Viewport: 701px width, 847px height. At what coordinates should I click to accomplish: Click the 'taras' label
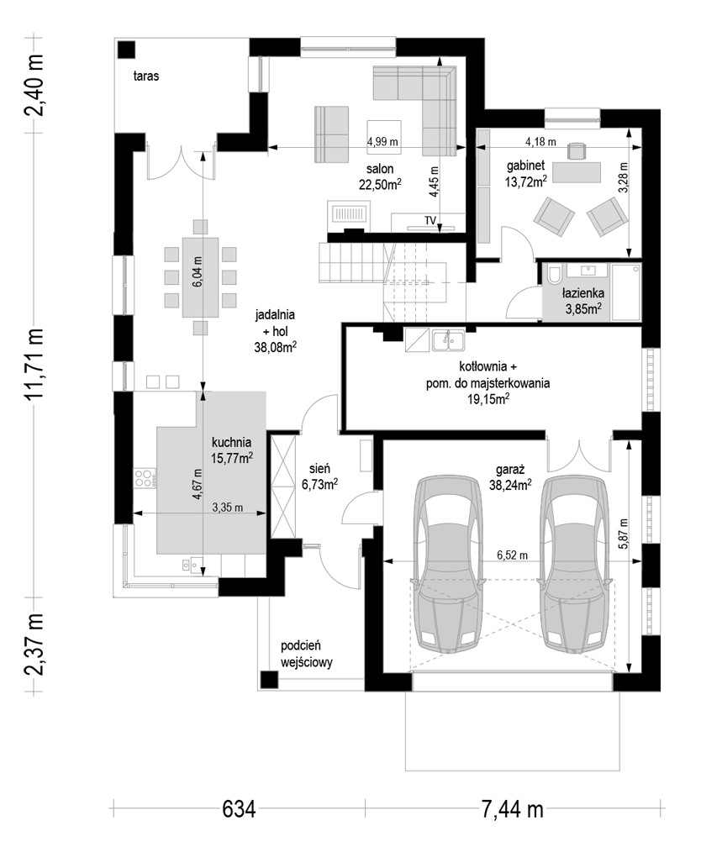pos(146,76)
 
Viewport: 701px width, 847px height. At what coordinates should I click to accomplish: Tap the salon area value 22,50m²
pos(380,184)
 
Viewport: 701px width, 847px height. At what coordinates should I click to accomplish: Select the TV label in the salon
pos(430,220)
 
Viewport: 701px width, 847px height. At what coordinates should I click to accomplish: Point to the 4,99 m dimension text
pos(382,141)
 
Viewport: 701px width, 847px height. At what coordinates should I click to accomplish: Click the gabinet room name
pos(525,166)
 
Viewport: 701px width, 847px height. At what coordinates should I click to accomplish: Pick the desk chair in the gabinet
pos(577,150)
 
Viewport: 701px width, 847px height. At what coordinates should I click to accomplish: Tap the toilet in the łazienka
pos(553,274)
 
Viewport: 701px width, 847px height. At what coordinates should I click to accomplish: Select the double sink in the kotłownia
pos(448,339)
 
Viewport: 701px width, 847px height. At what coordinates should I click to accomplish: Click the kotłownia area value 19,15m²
pos(488,399)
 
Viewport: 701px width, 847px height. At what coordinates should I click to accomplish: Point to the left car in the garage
pos(447,564)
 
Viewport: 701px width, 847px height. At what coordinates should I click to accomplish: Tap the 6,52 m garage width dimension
pos(512,555)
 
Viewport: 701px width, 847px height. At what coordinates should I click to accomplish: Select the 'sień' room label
pos(319,469)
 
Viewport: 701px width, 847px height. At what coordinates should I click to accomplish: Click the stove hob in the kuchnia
pos(145,479)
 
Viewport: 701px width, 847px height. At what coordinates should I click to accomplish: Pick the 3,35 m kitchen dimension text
pos(227,508)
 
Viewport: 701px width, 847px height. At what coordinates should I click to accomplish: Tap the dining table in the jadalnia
pos(201,277)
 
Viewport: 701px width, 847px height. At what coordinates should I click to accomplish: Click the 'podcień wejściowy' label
pos(307,654)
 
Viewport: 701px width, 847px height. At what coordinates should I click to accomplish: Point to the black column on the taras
pos(128,49)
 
